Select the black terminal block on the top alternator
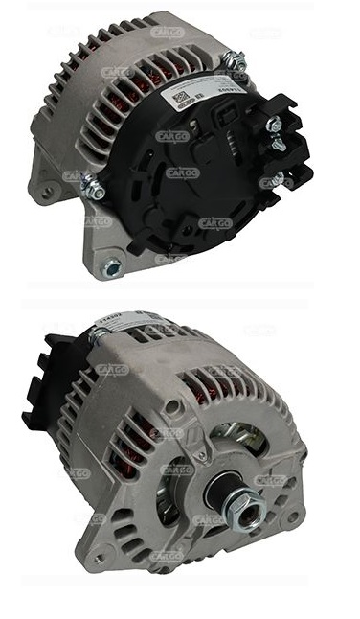[278, 153]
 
